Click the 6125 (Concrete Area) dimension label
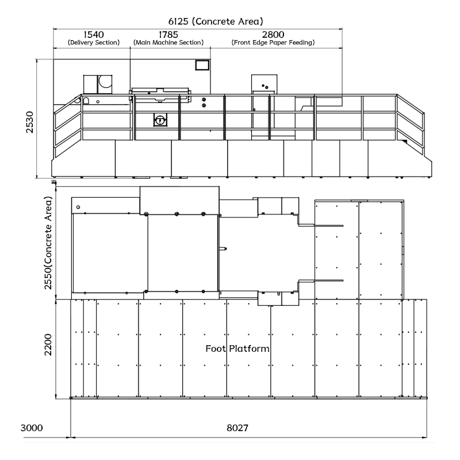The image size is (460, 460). (216, 21)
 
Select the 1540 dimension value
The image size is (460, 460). (94, 34)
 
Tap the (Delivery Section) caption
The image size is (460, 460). (94, 43)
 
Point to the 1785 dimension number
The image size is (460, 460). (168, 34)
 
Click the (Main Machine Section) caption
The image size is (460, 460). (168, 43)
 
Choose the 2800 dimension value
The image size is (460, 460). (273, 34)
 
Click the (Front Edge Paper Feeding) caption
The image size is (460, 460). (273, 43)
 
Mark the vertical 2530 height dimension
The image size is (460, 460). (30, 122)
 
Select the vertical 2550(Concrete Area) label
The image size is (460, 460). (48, 243)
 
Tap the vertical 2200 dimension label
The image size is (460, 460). (48, 344)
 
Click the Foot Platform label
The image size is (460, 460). (237, 348)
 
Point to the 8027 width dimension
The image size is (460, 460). (237, 428)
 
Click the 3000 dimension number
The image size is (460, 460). (32, 428)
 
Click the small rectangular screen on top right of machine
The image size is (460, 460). (202, 65)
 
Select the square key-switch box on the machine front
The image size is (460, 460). (160, 120)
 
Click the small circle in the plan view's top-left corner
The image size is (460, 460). (78, 207)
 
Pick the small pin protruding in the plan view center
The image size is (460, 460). (223, 249)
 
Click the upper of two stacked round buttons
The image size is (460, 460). (204, 99)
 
